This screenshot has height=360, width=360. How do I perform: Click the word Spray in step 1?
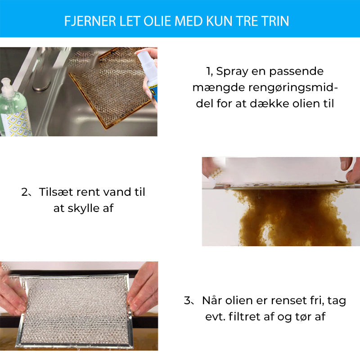(x=232, y=72)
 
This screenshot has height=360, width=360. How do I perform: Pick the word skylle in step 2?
(x=84, y=209)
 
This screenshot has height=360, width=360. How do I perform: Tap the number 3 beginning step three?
(x=187, y=300)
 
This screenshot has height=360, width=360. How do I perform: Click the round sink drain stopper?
(x=41, y=85)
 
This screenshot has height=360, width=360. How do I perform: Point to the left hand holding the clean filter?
(x=12, y=296)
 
